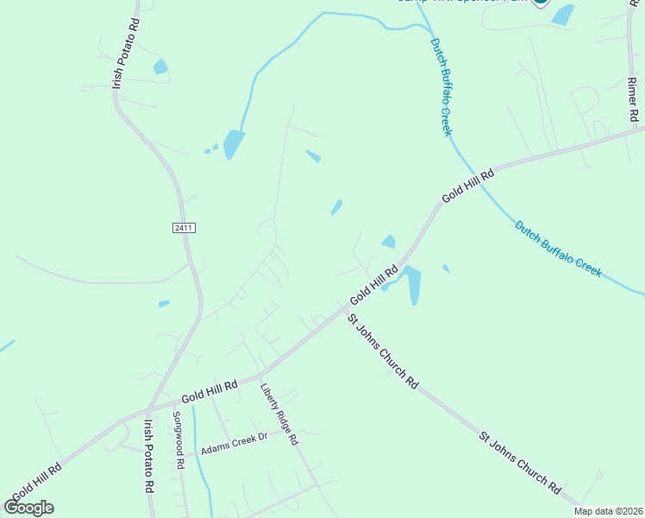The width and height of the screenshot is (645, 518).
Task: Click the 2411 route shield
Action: [184, 228]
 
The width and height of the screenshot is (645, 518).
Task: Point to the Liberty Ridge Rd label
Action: [279, 414]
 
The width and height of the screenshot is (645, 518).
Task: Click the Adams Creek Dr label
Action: [235, 450]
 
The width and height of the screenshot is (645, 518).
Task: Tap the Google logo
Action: [29, 508]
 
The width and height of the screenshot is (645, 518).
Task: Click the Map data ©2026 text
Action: [608, 511]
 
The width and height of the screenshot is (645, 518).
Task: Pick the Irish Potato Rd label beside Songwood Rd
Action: [149, 456]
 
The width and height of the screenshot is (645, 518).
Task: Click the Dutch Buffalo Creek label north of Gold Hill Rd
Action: [441, 85]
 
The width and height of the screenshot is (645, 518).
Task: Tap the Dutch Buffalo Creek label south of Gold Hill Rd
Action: [558, 250]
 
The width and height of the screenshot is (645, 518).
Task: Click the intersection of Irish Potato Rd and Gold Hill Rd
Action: [148, 409]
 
